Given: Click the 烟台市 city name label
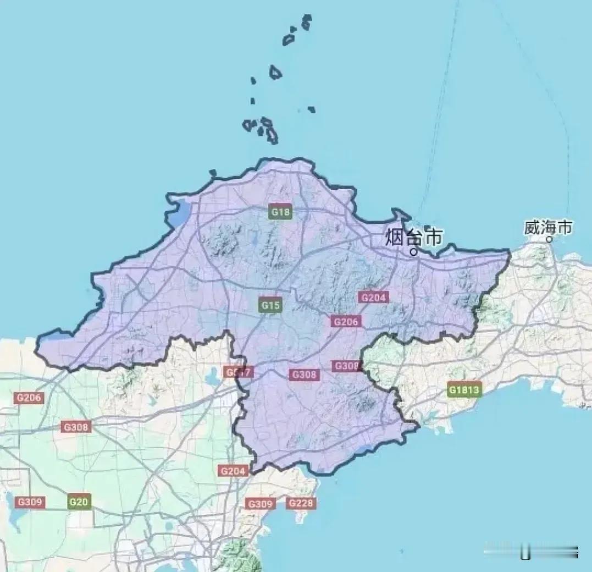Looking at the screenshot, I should [x=413, y=238].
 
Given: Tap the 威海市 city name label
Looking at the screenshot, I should [x=548, y=227].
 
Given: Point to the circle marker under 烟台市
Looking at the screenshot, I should [x=414, y=252].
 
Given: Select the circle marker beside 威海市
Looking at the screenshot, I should [x=549, y=240].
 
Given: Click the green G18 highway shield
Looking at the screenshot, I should [x=280, y=212].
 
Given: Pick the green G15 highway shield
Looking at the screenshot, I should [x=270, y=305].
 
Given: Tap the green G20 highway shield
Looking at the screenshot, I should [x=79, y=502].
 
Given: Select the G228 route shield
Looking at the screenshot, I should [x=301, y=503].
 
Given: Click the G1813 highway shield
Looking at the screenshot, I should [x=464, y=390].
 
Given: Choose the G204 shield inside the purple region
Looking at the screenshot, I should [x=374, y=298].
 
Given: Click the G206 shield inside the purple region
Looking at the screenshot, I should [x=346, y=322].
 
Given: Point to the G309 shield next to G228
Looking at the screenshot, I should [x=260, y=504].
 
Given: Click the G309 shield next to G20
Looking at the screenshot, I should [x=30, y=502].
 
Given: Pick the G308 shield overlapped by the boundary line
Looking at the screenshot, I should [x=346, y=366].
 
